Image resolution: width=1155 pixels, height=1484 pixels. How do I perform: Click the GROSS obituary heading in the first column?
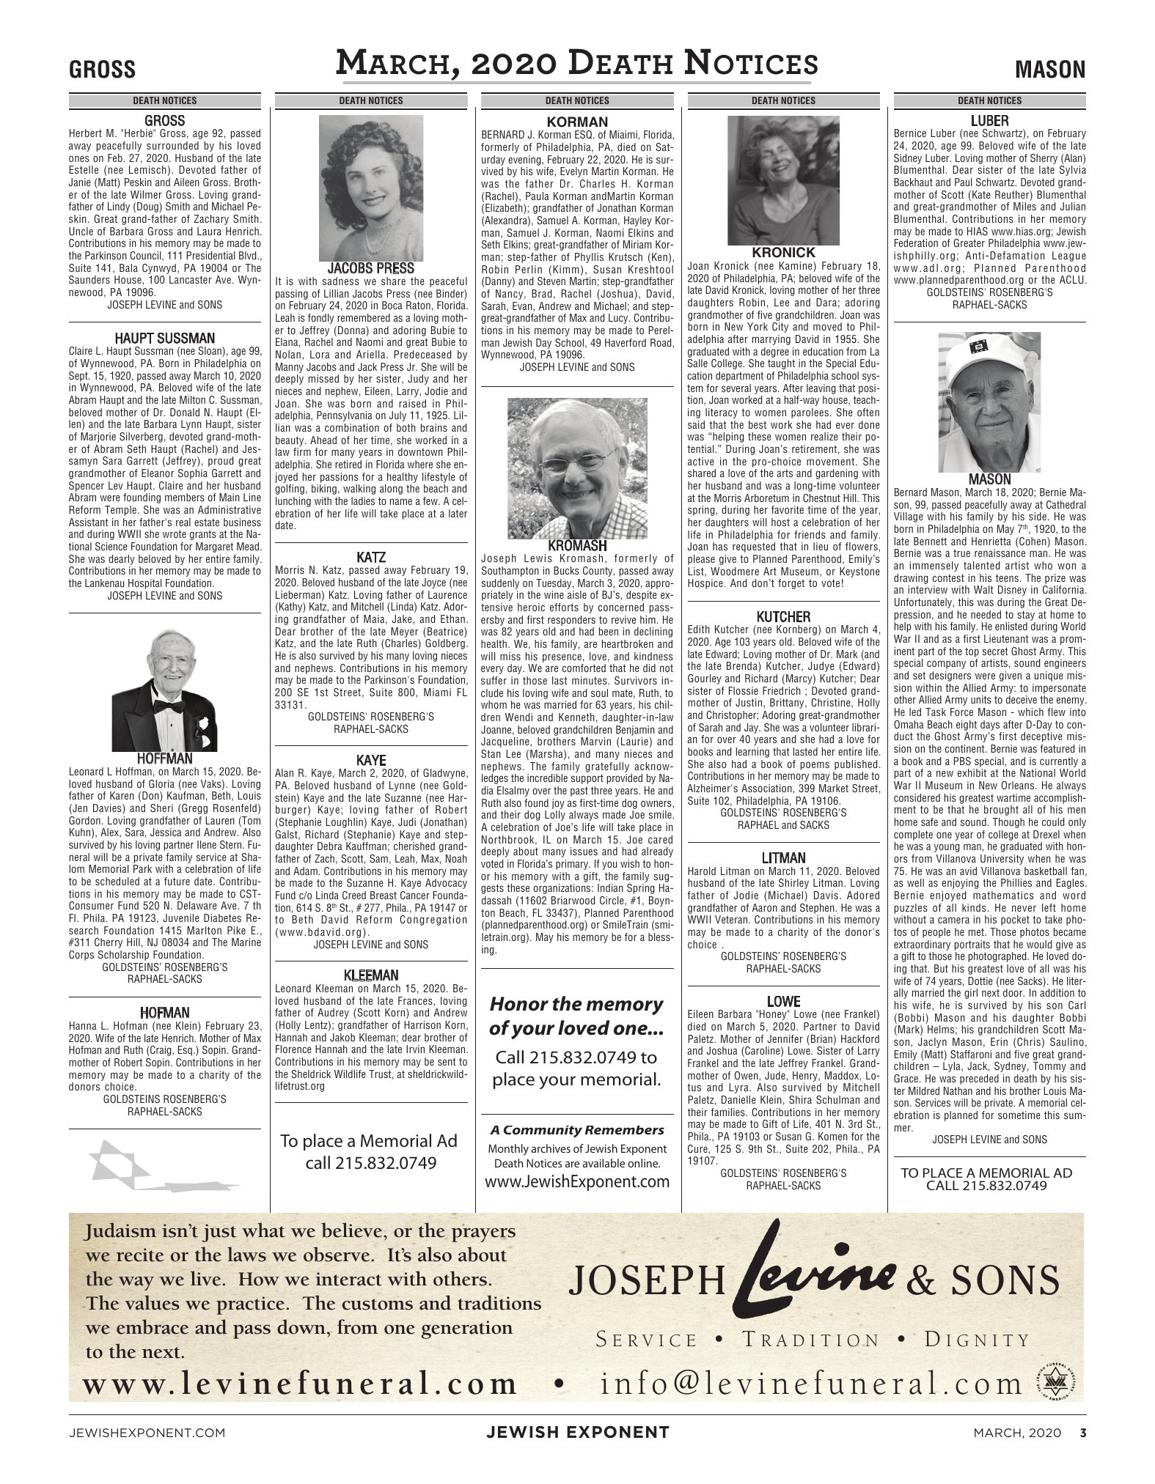click(164, 121)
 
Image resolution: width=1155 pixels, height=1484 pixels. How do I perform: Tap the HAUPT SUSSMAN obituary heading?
click(164, 339)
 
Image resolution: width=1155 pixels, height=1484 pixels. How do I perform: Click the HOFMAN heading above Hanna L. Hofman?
click(164, 1014)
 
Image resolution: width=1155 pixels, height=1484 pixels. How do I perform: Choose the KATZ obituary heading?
click(370, 558)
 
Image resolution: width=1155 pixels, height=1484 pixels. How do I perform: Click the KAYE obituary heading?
click(370, 761)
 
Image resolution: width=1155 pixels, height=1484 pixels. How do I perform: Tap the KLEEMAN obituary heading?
click(370, 975)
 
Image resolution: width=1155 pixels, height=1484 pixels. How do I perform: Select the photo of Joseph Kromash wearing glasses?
click(576, 469)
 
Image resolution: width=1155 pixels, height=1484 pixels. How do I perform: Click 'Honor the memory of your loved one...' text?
click(576, 1016)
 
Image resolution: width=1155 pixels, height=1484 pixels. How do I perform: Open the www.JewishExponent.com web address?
click(576, 1181)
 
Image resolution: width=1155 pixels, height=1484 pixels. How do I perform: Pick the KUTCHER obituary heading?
click(783, 617)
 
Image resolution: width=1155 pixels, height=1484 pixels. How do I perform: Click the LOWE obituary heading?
click(783, 1002)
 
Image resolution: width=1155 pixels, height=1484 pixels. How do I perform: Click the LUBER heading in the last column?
click(989, 121)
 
